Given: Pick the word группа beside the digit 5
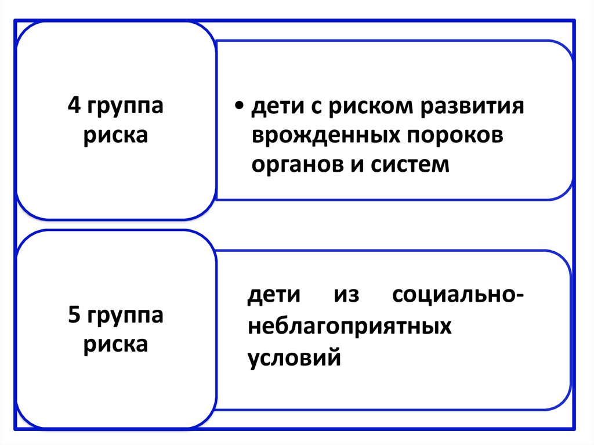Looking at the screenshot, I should pyautogui.click(x=126, y=317).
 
